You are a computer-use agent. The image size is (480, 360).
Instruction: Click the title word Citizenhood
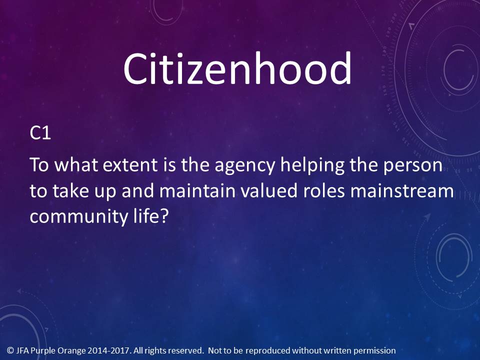[x=237, y=68]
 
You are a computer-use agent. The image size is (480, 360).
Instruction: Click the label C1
[x=40, y=133]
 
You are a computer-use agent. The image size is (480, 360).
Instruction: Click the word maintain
[x=197, y=190]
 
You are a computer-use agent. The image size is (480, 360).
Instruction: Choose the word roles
[x=324, y=190]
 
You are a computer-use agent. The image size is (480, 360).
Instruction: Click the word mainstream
[x=402, y=190]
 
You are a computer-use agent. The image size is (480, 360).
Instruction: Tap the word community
[x=79, y=217]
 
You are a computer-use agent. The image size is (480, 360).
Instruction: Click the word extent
[x=130, y=165]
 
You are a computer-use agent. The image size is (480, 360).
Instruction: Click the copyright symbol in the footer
[x=10, y=350]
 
